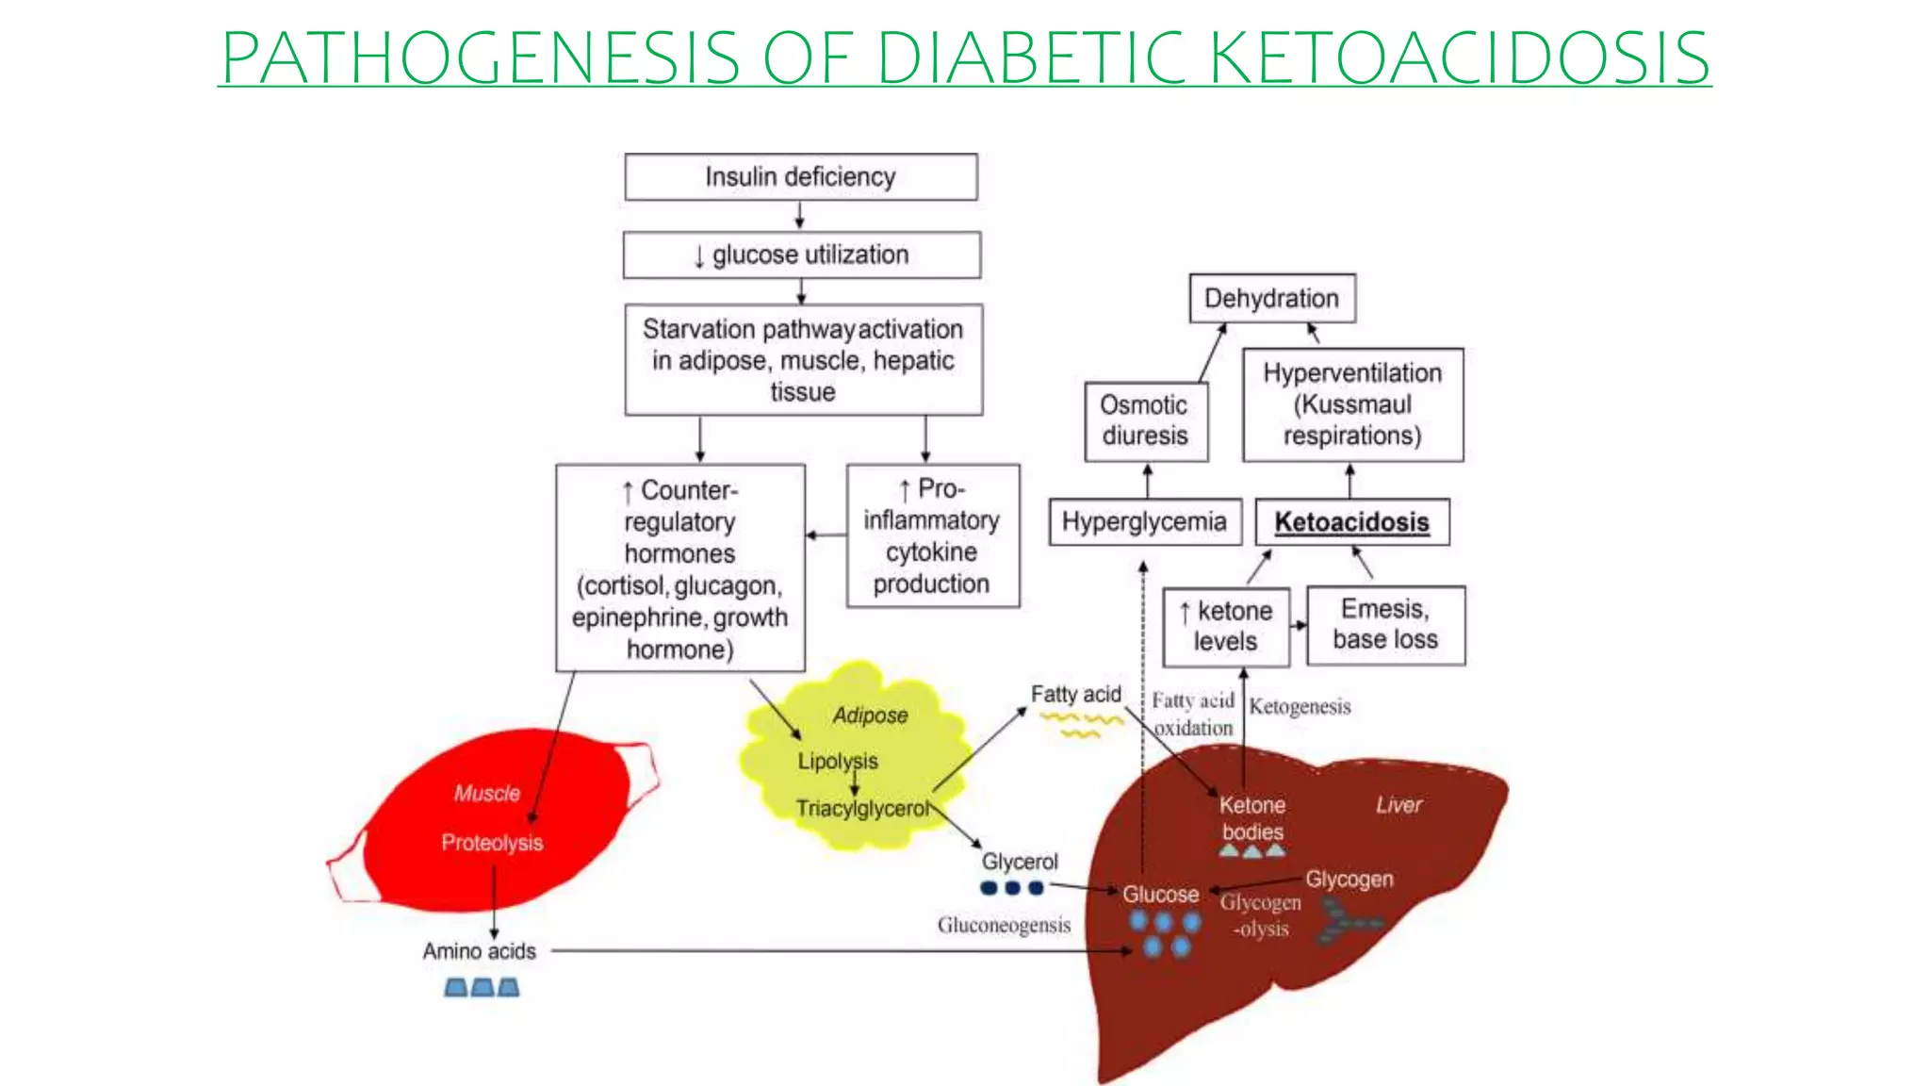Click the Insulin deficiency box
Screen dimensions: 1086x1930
point(800,177)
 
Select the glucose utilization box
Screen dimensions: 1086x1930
point(801,255)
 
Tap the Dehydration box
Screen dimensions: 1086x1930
point(1271,299)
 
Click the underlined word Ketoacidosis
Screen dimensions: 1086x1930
point(1351,522)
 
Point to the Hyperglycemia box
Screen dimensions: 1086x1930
point(1144,522)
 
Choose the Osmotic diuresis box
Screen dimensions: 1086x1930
point(1145,420)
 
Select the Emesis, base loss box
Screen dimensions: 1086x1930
point(1385,625)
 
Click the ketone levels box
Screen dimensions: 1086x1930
point(1225,626)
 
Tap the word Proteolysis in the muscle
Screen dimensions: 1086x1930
point(492,843)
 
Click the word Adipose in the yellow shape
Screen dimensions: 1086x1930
point(870,716)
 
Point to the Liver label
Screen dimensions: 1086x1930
point(1398,805)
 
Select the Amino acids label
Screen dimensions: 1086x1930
point(479,951)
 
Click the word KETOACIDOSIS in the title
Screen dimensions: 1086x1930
point(1459,58)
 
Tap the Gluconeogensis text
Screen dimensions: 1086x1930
point(1004,926)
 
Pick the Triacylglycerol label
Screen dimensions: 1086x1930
point(861,809)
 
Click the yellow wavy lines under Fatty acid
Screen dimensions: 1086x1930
point(1081,723)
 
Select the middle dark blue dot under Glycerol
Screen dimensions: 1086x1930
point(1012,888)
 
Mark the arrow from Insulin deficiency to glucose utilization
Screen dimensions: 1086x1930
point(799,216)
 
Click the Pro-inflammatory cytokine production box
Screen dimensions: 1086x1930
point(932,535)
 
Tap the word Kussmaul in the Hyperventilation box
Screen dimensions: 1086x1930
point(1353,404)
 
